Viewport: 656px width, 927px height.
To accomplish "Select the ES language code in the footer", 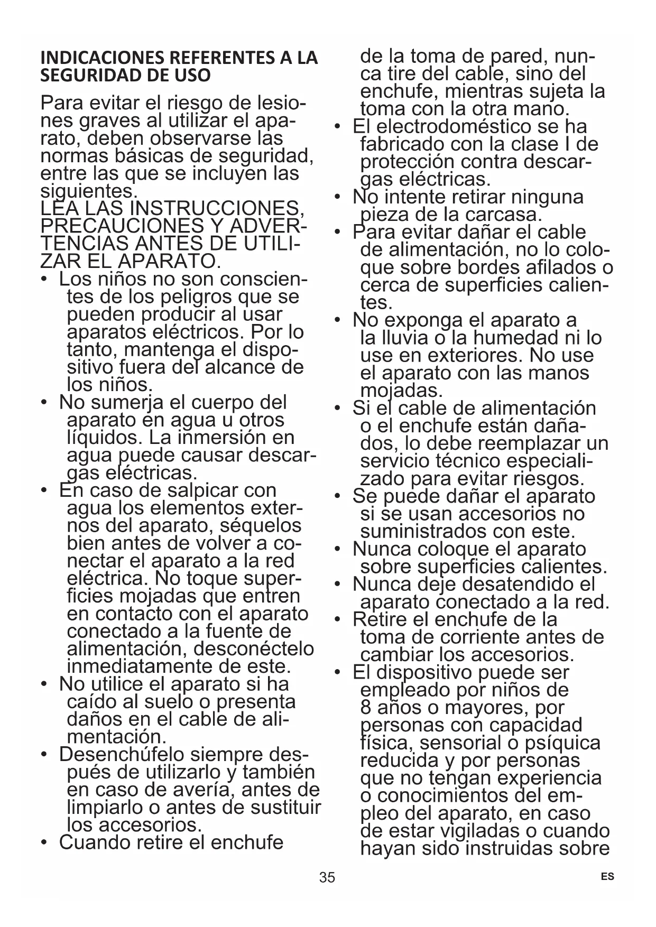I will click(x=608, y=876).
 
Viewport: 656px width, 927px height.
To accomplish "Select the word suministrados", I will click(x=423, y=531).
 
